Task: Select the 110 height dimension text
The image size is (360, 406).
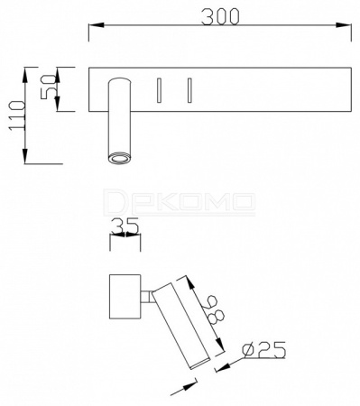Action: pos(17,115)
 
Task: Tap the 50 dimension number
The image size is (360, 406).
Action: pos(48,87)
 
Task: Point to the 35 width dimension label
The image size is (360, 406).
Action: pos(125,226)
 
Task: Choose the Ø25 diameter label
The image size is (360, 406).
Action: pos(264,349)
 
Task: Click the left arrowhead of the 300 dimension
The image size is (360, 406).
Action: pos(97,25)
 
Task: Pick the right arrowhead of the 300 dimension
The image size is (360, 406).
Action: pos(344,25)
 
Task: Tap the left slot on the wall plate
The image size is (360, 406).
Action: pos(159,90)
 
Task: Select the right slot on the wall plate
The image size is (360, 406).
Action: pos(189,90)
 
